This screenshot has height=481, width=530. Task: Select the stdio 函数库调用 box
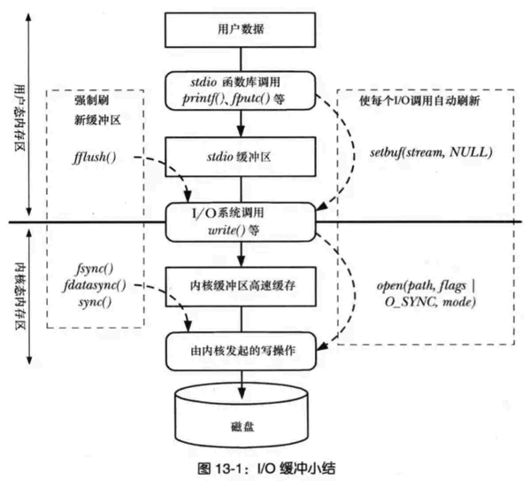(x=241, y=90)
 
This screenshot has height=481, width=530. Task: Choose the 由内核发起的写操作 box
(x=241, y=349)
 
